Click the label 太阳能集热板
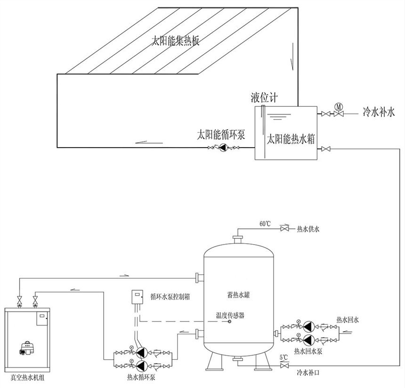(176, 41)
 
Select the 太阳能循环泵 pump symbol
(225, 148)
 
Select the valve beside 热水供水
(284, 229)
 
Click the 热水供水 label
(308, 230)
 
